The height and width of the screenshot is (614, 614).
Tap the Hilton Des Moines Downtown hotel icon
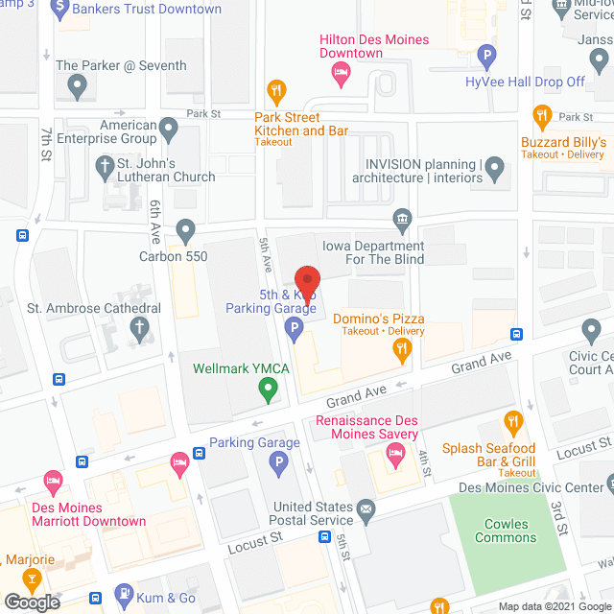coord(339,71)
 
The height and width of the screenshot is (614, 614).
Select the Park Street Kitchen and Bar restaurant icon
coord(276,92)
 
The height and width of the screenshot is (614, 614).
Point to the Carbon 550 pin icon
coord(185,230)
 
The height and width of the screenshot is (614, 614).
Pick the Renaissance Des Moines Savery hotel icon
coord(393,461)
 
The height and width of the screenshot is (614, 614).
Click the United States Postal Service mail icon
coord(365,508)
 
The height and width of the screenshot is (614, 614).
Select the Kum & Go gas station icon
coord(124,595)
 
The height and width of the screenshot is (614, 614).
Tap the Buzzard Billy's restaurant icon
coord(543,118)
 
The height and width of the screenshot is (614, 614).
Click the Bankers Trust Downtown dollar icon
coord(60,10)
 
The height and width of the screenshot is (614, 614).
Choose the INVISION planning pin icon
coord(495,170)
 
